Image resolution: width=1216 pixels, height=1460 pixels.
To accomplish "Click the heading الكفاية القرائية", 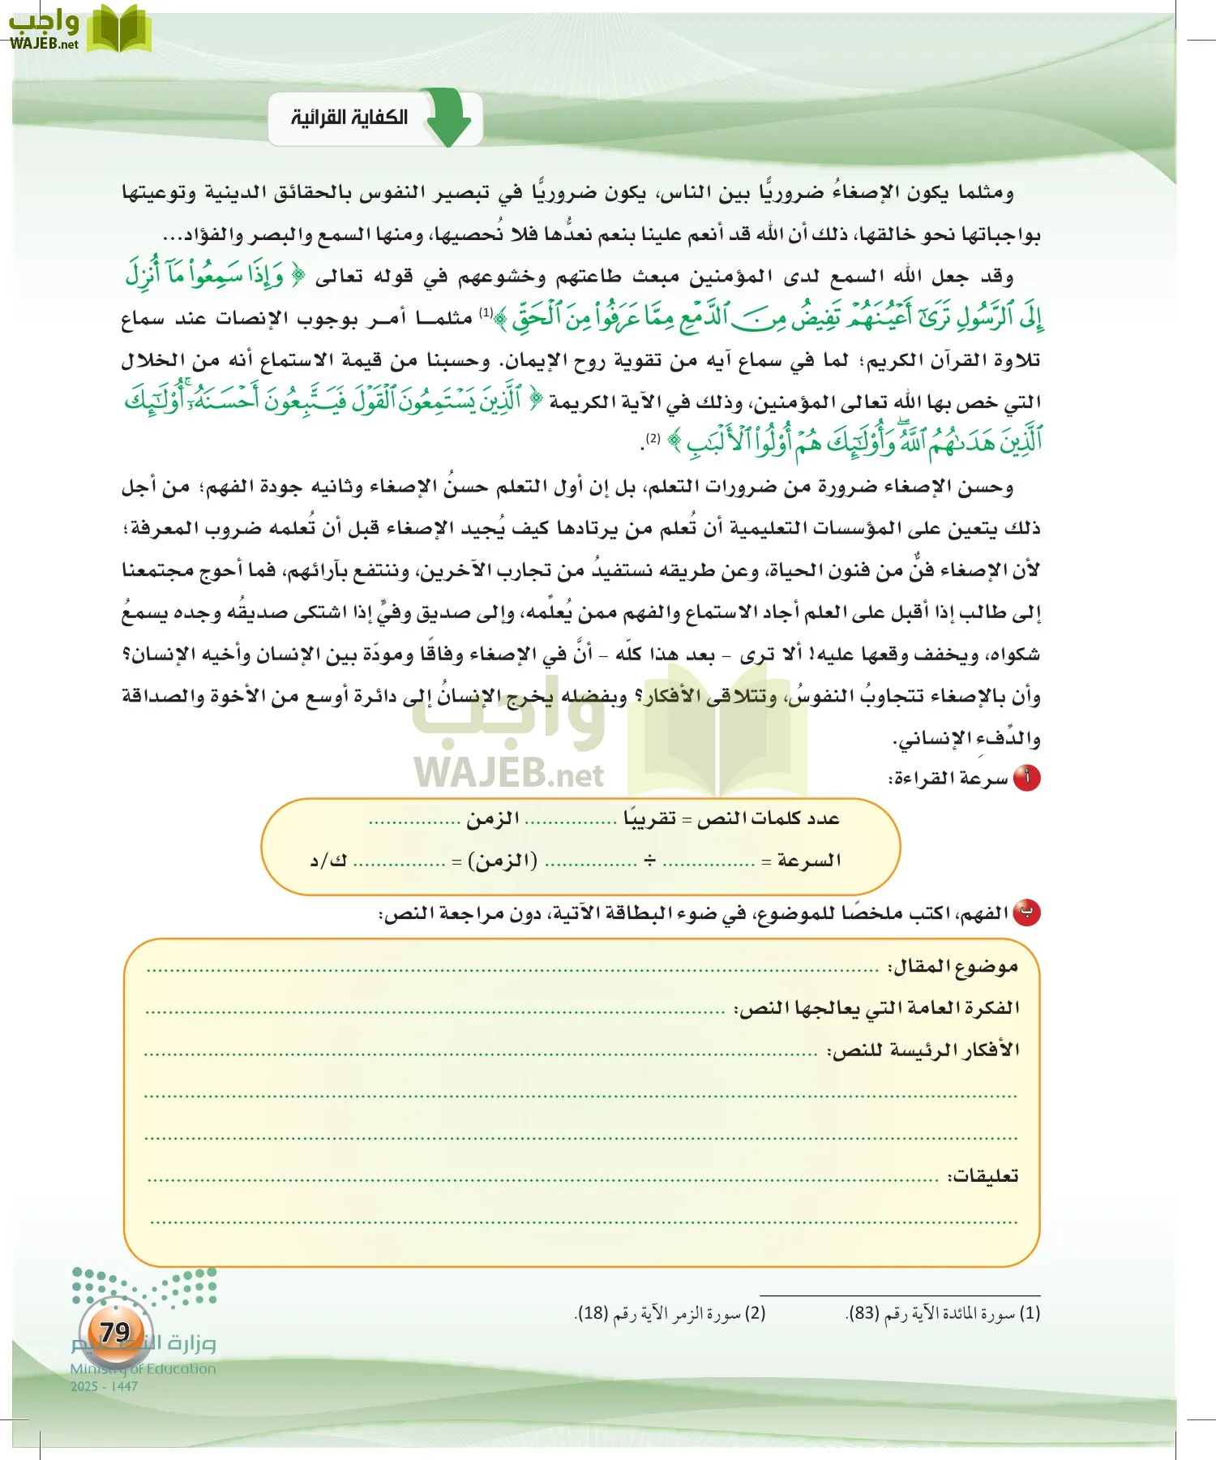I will pos(349,118).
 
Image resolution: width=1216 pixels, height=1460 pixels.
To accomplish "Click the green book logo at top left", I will pos(119,29).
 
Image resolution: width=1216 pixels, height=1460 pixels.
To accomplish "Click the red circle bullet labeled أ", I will pos(1026,778).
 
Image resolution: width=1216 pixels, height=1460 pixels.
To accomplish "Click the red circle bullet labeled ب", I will pos(1026,912).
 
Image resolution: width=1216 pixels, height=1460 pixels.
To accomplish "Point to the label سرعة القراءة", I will pos(948,779).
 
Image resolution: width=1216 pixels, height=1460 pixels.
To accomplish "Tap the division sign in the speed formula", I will pos(649,860).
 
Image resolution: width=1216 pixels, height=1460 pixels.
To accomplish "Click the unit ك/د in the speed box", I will pos(328,861).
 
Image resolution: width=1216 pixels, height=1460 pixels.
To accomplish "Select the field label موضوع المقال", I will pos(953,966).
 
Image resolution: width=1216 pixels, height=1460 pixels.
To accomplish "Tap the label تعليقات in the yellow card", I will pos(983,1175).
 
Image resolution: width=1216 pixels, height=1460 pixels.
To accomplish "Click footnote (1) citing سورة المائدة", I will pos(943,1312).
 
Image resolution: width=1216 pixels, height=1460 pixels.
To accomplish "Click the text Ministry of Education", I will pos(143,1368).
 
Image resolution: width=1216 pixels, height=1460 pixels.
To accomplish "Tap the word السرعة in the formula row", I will pos(808,860).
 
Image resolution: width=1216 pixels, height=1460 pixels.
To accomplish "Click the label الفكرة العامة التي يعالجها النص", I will pos(877,1007).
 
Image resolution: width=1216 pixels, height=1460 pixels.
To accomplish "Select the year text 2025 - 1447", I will pos(104,1386).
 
